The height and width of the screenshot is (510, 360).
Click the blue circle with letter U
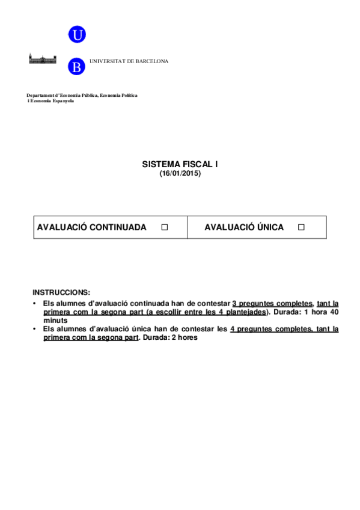tap(77, 35)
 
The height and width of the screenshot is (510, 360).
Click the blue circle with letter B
tap(77, 66)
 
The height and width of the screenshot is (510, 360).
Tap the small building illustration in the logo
tap(43, 58)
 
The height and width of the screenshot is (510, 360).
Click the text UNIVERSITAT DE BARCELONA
tap(129, 61)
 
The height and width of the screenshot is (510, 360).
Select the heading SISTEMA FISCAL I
tap(180, 164)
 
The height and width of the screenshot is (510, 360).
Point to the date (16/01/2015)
tap(180, 173)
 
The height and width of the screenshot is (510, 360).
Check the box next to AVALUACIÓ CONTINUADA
tap(164, 227)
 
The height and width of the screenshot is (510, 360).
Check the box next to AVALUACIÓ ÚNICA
tap(302, 227)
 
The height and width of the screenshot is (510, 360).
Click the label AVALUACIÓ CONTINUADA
tap(91, 227)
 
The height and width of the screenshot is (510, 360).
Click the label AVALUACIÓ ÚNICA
tap(244, 227)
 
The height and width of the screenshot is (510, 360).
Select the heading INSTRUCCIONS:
tap(61, 292)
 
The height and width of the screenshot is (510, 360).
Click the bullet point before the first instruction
tap(35, 304)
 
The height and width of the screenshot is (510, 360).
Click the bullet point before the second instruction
tap(35, 329)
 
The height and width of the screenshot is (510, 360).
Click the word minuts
tap(55, 321)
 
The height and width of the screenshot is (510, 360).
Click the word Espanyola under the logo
tap(63, 101)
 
